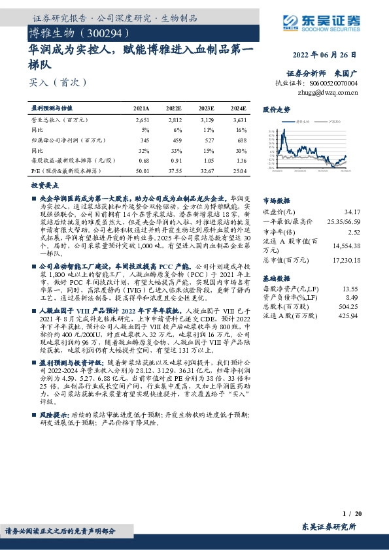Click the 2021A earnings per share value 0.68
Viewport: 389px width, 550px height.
[144, 161]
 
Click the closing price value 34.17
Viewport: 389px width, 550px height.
[352, 212]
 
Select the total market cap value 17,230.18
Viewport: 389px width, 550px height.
[346, 260]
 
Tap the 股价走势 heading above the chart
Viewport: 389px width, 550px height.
[276, 110]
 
